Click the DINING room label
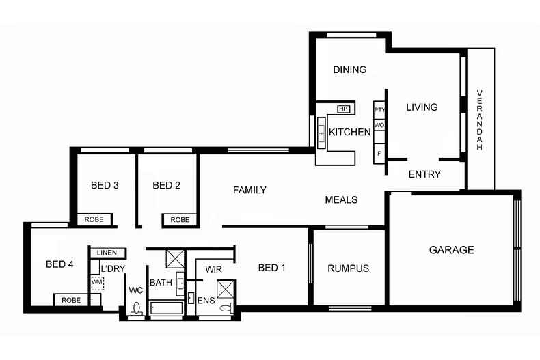[x=349, y=70]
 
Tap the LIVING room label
[x=422, y=107]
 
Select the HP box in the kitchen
[x=344, y=109]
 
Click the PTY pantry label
[x=379, y=109]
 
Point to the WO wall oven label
[x=379, y=126]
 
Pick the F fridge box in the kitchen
[x=379, y=153]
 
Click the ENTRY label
[x=424, y=174]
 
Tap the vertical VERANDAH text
[x=480, y=120]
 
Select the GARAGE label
[x=451, y=250]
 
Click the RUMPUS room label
[x=348, y=268]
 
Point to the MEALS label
[x=341, y=199]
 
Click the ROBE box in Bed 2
[x=180, y=220]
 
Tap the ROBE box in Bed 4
[x=70, y=300]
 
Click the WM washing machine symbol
[x=97, y=281]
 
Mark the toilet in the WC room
[x=136, y=308]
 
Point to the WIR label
[x=213, y=268]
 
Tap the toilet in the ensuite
[x=225, y=308]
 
